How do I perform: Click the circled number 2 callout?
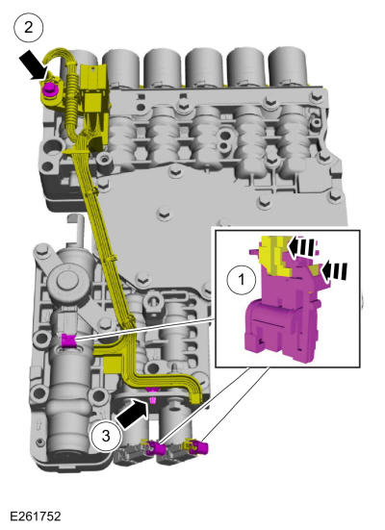29,27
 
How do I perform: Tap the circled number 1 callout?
242,280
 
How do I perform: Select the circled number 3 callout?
106,436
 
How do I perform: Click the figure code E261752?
36,517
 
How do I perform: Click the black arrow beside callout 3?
132,414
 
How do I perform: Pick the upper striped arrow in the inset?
303,246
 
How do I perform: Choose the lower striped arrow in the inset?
333,271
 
